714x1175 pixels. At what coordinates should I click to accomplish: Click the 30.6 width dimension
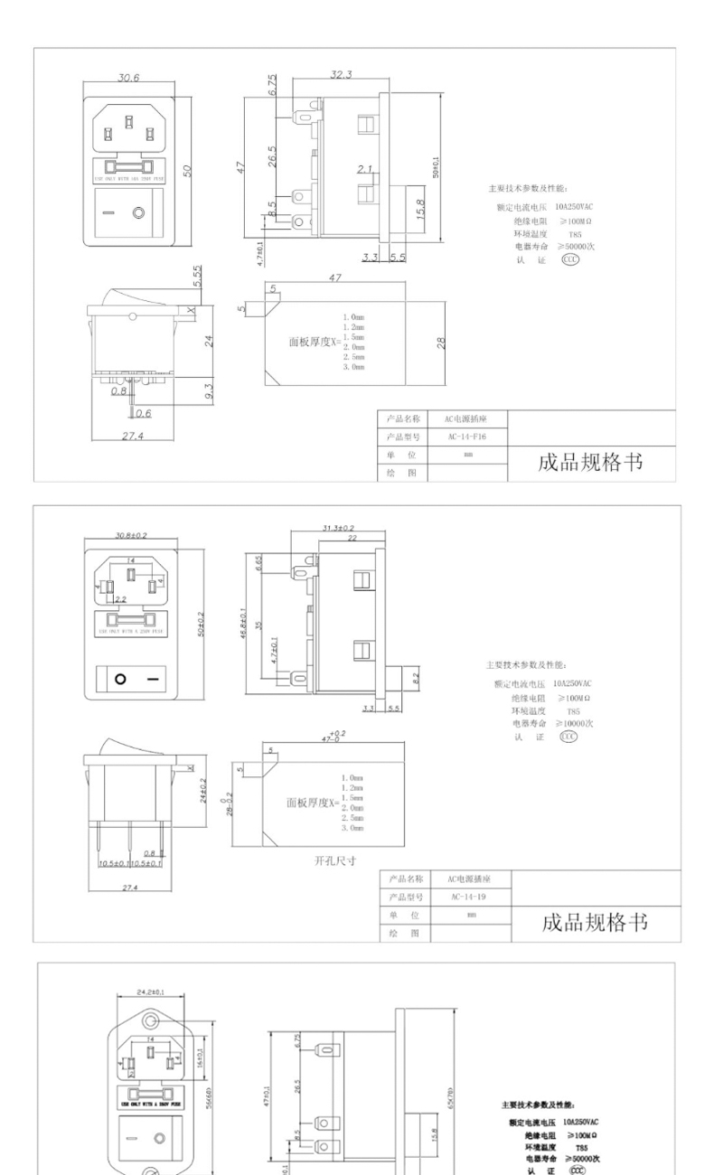[127, 79]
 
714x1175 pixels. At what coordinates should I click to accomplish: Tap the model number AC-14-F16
[467, 437]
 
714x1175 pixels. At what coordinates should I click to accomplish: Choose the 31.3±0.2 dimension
[338, 527]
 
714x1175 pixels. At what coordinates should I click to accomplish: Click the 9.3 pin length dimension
[209, 390]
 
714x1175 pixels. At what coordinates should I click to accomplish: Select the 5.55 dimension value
[197, 275]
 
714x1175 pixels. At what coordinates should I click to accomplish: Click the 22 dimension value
[351, 538]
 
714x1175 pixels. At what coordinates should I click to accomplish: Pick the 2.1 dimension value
[364, 169]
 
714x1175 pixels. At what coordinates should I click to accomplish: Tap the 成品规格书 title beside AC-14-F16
[590, 462]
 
